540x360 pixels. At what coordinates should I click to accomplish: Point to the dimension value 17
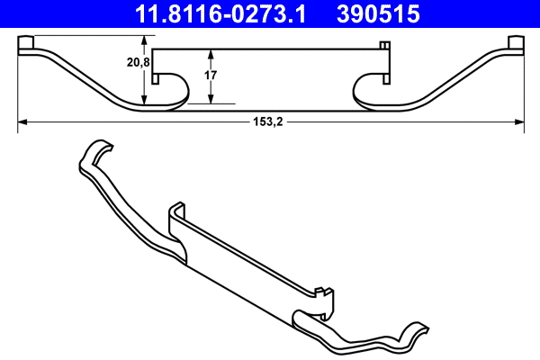point(211,76)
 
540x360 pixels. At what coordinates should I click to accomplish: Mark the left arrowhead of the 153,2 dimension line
point(22,119)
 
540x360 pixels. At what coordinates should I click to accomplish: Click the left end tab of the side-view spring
point(27,45)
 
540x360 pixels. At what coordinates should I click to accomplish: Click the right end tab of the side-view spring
point(516,45)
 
